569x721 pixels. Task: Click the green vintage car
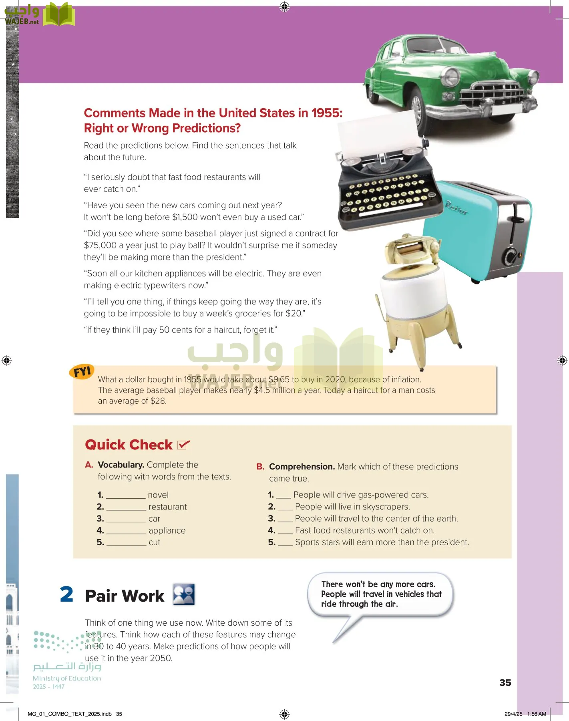[x=448, y=80]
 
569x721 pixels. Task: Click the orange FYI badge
[x=82, y=372]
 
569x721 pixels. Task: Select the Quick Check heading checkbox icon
[x=183, y=445]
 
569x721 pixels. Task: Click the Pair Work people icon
[x=184, y=594]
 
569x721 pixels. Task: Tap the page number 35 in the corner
[x=505, y=683]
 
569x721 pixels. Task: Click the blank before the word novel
[x=126, y=495]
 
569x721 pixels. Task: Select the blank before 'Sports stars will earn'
[x=285, y=542]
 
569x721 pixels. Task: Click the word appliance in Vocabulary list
[x=167, y=530]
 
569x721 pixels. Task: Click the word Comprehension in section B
[x=302, y=467]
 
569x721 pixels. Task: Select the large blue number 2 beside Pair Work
[x=66, y=594]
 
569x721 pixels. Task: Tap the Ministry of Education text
[x=67, y=678]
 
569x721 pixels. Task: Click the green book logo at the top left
[x=59, y=14]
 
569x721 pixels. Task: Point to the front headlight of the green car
[x=451, y=77]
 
